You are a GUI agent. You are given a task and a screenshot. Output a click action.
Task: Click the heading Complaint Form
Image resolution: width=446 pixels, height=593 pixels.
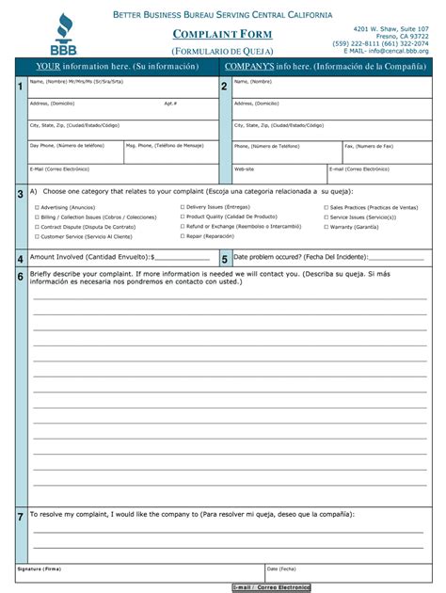click(x=222, y=35)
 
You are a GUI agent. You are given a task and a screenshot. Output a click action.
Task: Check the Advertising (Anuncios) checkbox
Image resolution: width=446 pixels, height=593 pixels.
click(x=37, y=207)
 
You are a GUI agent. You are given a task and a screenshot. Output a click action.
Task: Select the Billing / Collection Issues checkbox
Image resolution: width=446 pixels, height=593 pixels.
click(x=37, y=217)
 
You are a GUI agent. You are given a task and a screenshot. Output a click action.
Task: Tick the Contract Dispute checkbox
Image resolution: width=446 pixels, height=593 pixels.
click(x=37, y=227)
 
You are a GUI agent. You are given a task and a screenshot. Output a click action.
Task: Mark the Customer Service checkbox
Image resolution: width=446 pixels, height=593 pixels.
click(x=37, y=237)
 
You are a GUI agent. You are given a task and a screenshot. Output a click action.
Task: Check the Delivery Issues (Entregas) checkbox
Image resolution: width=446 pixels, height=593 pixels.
click(x=183, y=206)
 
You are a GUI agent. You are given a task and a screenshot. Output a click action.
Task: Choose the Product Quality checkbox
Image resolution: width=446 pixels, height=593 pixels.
click(x=183, y=216)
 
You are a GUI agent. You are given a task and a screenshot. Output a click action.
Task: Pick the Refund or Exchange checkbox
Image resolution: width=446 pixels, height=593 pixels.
click(x=183, y=227)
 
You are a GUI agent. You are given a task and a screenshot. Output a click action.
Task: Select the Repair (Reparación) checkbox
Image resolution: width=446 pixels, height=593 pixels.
click(x=183, y=236)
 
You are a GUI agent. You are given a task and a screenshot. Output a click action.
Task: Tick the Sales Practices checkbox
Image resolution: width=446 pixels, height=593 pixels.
click(x=326, y=207)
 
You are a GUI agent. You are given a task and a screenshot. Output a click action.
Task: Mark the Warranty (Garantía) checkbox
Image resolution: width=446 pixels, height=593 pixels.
click(x=326, y=227)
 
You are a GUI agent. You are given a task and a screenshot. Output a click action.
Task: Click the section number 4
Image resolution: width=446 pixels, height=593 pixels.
click(x=21, y=259)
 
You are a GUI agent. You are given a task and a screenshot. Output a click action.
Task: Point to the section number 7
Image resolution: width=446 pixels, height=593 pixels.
click(x=21, y=518)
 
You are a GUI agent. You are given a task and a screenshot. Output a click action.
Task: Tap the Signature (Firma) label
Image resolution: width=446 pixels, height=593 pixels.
click(x=39, y=569)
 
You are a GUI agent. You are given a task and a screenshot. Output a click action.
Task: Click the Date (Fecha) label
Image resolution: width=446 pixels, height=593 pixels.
click(x=280, y=569)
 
